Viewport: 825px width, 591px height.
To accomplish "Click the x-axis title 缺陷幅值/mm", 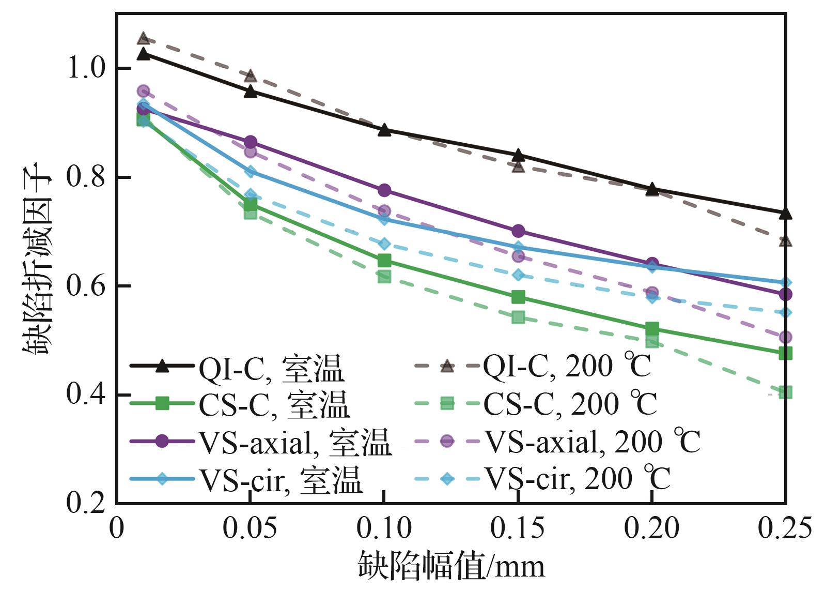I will point(452,566).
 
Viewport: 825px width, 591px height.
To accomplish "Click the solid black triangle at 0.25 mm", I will point(785,213).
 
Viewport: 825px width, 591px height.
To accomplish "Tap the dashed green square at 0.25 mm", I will point(785,392).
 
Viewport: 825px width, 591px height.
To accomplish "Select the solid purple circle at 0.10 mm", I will point(384,190).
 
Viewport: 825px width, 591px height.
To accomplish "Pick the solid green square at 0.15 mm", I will point(518,297).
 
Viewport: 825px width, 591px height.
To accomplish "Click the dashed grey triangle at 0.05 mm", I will point(251,76).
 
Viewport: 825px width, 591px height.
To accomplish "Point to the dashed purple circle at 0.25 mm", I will point(785,337).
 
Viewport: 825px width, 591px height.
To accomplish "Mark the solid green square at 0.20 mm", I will point(652,328).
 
